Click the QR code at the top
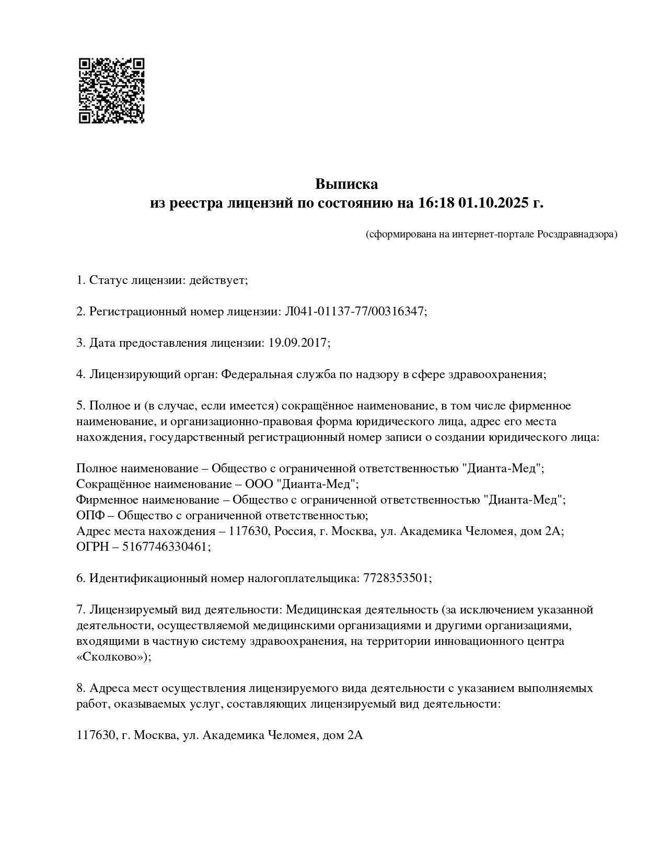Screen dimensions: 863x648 111,90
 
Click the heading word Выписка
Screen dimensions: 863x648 346,184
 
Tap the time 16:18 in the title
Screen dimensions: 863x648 435,203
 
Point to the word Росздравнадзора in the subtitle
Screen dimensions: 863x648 576,234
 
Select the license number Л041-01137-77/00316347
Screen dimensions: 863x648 354,312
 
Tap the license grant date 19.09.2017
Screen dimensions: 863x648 297,343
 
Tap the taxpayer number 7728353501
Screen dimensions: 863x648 395,578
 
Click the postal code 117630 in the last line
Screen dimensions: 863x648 95,735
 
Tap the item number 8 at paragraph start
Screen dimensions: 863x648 80,688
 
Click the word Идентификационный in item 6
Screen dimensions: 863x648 147,578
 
